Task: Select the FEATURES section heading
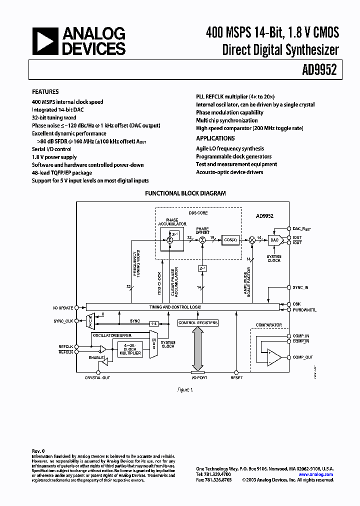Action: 45,92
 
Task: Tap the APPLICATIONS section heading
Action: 215,138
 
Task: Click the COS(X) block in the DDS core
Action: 230,240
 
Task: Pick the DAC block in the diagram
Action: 274,240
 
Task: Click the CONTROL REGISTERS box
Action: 198,323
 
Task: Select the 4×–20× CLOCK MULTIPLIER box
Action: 129,349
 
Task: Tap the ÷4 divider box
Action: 154,323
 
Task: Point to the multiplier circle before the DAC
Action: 252,240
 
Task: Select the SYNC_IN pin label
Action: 300,287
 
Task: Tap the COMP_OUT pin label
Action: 303,357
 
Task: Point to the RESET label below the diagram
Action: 236,377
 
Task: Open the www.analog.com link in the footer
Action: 316,474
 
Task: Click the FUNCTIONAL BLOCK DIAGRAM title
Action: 185,193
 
